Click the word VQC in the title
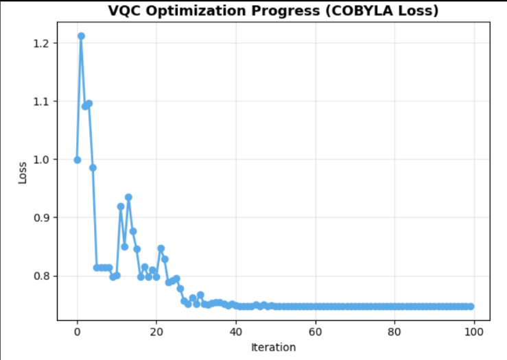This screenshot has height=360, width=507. (122, 11)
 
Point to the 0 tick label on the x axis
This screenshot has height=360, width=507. (77, 332)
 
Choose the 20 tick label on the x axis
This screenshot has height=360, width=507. (156, 332)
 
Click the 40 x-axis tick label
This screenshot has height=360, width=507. (235, 332)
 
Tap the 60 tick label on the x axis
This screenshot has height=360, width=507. (315, 332)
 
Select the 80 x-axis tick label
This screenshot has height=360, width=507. (394, 332)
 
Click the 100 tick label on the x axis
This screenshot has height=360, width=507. (473, 332)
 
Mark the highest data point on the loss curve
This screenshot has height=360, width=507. (81, 36)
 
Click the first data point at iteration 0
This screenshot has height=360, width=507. (77, 160)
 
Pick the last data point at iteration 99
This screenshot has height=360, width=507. (471, 307)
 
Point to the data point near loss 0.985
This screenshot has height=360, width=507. (93, 167)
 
